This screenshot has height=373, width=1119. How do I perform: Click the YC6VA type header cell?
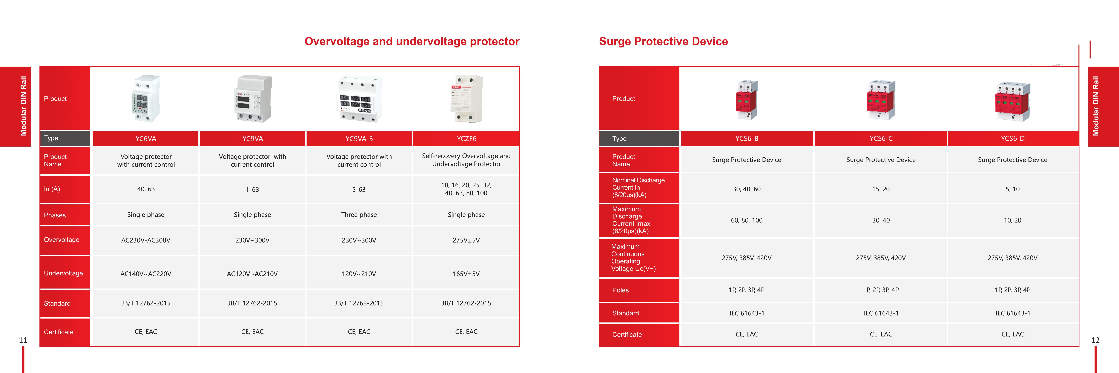(146, 138)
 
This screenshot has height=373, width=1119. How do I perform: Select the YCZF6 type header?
(466, 138)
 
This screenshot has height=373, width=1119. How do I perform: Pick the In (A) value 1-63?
(252, 189)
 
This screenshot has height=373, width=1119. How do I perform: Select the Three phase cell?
(359, 215)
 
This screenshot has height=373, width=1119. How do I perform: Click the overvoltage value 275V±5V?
(466, 240)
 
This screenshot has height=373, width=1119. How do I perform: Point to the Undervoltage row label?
(63, 273)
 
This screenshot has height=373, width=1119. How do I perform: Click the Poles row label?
(620, 290)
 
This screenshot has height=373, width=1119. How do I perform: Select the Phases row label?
(55, 215)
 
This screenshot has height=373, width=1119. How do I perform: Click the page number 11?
(23, 340)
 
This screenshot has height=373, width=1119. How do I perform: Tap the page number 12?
(1095, 340)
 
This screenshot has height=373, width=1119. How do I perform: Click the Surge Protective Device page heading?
(663, 41)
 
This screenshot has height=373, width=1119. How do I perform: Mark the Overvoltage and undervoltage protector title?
(412, 41)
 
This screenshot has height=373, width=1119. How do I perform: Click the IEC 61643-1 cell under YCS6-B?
(747, 313)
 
